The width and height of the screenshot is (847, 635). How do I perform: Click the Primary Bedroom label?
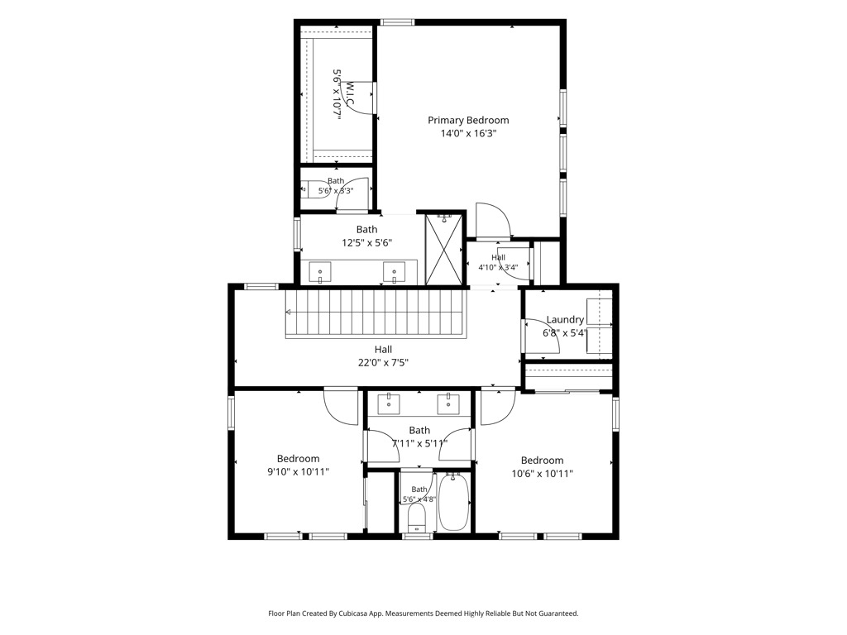(468, 121)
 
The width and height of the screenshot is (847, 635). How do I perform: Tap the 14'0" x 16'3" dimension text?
(468, 133)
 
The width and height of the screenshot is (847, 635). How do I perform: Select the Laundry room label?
(565, 320)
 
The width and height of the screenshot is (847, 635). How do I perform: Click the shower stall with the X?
(444, 249)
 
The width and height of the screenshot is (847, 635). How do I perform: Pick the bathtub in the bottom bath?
(453, 502)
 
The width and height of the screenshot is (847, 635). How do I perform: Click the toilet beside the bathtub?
(417, 517)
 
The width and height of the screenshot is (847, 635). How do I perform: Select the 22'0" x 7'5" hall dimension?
(383, 363)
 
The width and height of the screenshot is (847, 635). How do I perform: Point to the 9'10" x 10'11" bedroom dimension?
(298, 472)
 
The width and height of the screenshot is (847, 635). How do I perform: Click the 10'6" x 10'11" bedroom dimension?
(543, 474)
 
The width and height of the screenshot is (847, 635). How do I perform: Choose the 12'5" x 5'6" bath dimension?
(366, 243)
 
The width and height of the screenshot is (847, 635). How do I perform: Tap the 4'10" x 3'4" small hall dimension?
(498, 267)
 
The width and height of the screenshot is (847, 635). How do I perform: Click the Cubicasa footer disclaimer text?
(423, 614)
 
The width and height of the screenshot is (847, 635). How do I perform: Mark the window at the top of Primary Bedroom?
(397, 22)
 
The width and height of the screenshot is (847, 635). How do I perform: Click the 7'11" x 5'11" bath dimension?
(419, 444)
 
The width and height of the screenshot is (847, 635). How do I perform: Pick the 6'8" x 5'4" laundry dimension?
(565, 333)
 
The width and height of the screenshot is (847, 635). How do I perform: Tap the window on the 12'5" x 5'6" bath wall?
(297, 233)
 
